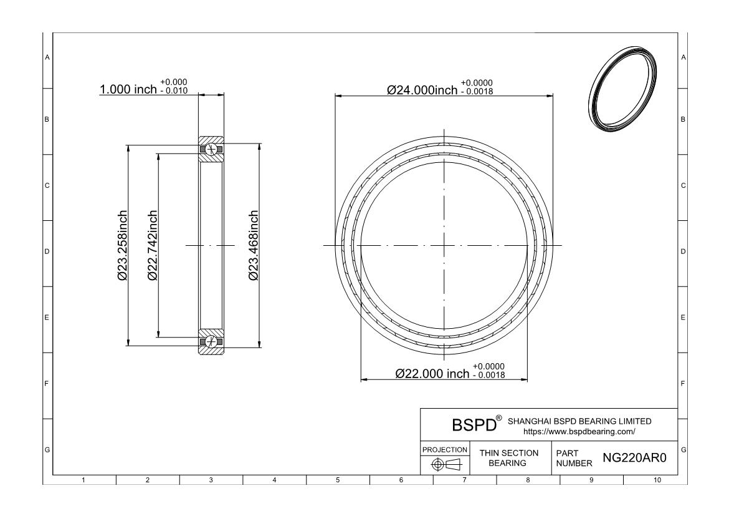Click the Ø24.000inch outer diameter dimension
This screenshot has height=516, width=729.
422,90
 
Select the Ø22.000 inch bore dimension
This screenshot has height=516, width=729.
432,374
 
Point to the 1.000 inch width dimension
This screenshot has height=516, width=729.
128,89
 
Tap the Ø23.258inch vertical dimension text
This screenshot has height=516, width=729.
122,245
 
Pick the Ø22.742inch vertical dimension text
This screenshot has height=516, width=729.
153,245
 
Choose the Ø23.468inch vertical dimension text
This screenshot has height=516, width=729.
254,245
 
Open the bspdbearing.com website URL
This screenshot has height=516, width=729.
579,432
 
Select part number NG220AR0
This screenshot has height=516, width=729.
634,458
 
